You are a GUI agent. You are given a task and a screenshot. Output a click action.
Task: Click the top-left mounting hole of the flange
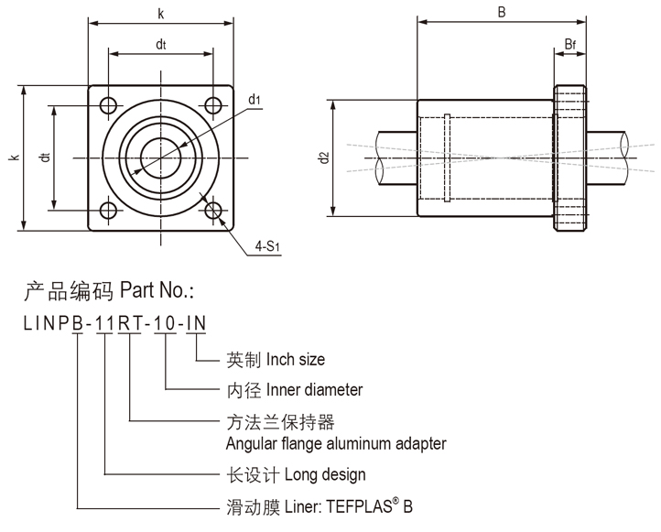pyautogui.click(x=109, y=104)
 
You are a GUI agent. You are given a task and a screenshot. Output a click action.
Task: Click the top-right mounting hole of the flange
pyautogui.click(x=215, y=104)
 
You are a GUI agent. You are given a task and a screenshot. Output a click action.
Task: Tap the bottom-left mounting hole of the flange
pyautogui.click(x=109, y=212)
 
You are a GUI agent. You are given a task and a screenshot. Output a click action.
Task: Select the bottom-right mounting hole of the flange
pyautogui.click(x=215, y=212)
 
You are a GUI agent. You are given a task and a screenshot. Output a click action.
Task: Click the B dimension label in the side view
pyautogui.click(x=502, y=12)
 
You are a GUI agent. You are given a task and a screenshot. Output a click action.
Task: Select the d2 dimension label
pyautogui.click(x=323, y=157)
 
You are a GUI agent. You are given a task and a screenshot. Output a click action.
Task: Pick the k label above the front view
pyautogui.click(x=161, y=13)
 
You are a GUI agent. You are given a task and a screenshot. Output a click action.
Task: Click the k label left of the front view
pyautogui.click(x=14, y=157)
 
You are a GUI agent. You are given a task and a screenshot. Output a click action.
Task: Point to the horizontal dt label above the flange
pyautogui.click(x=161, y=43)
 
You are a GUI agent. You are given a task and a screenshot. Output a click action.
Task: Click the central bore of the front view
pyautogui.click(x=161, y=157)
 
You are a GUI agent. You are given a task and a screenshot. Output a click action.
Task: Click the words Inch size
pyautogui.click(x=295, y=360)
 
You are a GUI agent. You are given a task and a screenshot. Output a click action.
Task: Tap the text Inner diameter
pyautogui.click(x=314, y=390)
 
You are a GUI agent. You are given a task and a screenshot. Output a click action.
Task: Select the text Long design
pyautogui.click(x=325, y=474)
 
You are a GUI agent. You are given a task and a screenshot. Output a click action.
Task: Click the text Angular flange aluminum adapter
pyautogui.click(x=336, y=444)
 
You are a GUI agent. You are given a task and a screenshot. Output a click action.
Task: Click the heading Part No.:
pyautogui.click(x=157, y=292)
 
